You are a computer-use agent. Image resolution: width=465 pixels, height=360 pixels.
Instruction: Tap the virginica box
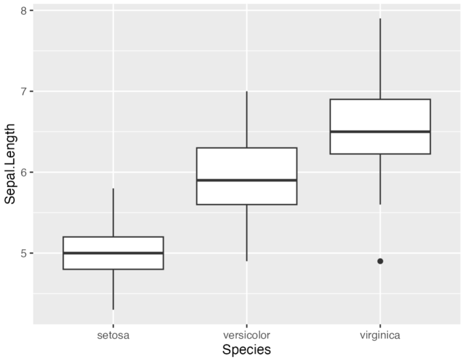click(x=380, y=115)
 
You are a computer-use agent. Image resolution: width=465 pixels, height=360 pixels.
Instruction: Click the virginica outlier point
click(x=380, y=261)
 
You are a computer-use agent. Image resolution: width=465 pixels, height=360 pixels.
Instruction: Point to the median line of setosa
click(x=113, y=253)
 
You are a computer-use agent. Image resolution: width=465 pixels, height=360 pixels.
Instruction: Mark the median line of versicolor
click(x=246, y=180)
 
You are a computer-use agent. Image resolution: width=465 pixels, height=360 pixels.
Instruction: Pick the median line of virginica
click(x=380, y=131)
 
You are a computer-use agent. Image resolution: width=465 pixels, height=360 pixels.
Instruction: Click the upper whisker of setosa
click(x=113, y=212)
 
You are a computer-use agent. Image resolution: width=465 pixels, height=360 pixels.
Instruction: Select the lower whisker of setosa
click(x=113, y=289)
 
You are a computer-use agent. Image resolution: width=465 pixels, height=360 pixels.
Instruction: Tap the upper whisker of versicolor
click(x=246, y=119)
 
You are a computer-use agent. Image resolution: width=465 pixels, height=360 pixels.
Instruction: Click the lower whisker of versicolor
click(x=246, y=233)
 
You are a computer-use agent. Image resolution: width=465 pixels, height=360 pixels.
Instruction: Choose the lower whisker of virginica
click(x=380, y=179)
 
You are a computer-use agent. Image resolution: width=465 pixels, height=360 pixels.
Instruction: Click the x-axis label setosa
click(x=113, y=334)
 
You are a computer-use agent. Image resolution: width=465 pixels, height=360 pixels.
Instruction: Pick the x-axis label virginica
click(x=380, y=334)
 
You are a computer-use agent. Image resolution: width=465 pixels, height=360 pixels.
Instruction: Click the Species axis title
click(x=246, y=350)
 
